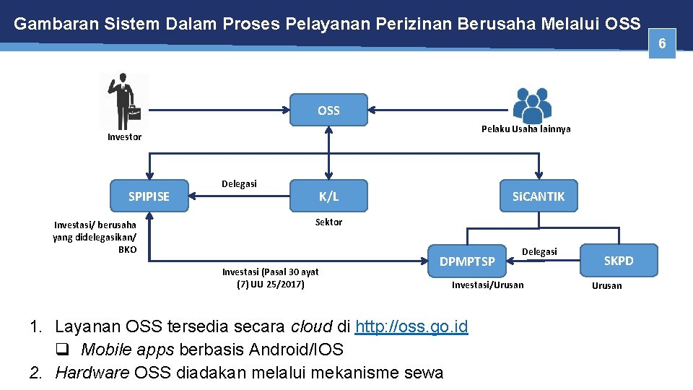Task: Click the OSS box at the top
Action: point(328,110)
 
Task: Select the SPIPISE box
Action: point(149,196)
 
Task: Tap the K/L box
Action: point(328,196)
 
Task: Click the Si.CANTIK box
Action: point(539,196)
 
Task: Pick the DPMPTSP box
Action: point(468,261)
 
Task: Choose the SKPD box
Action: point(619,261)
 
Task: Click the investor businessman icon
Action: point(123,101)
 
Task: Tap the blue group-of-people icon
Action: point(532,105)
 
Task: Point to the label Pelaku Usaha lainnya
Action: point(526,129)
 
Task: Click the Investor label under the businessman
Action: point(125,137)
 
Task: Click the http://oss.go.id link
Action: point(411,327)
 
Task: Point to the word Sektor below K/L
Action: point(328,222)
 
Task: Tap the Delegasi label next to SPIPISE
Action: point(239,184)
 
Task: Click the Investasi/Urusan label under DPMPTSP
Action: point(488,285)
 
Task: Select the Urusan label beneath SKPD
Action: point(606,286)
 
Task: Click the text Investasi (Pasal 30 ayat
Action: point(270,272)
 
